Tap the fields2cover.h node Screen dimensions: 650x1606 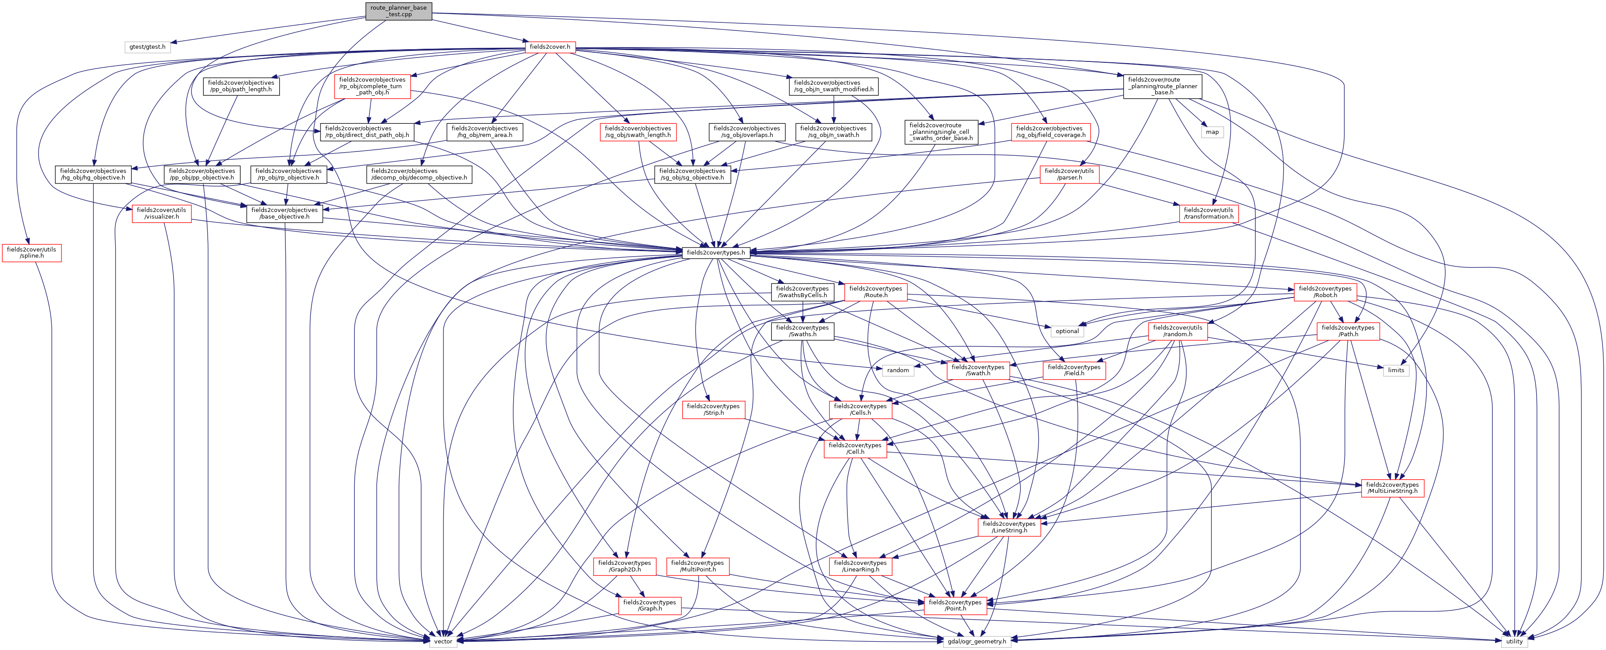tap(549, 47)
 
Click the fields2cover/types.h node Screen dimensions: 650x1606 tap(715, 252)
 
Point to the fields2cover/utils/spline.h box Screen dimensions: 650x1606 tap(32, 252)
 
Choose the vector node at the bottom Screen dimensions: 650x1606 tap(443, 641)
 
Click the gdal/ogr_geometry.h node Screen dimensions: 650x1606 tap(976, 641)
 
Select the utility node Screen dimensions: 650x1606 tap(1514, 641)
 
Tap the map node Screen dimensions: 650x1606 tap(1212, 132)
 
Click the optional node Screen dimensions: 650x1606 tap(1067, 331)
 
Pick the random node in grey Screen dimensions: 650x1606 tap(898, 370)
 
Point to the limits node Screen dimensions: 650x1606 tap(1396, 370)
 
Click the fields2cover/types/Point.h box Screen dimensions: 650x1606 tap(954, 605)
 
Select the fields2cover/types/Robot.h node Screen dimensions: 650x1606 tap(1325, 292)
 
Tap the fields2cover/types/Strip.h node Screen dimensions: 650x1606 tap(713, 409)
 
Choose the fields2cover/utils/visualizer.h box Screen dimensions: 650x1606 tap(162, 213)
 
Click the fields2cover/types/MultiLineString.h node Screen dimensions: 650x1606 tap(1392, 488)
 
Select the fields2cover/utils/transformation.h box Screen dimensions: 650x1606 tap(1208, 213)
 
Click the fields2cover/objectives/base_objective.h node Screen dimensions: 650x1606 tap(284, 213)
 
